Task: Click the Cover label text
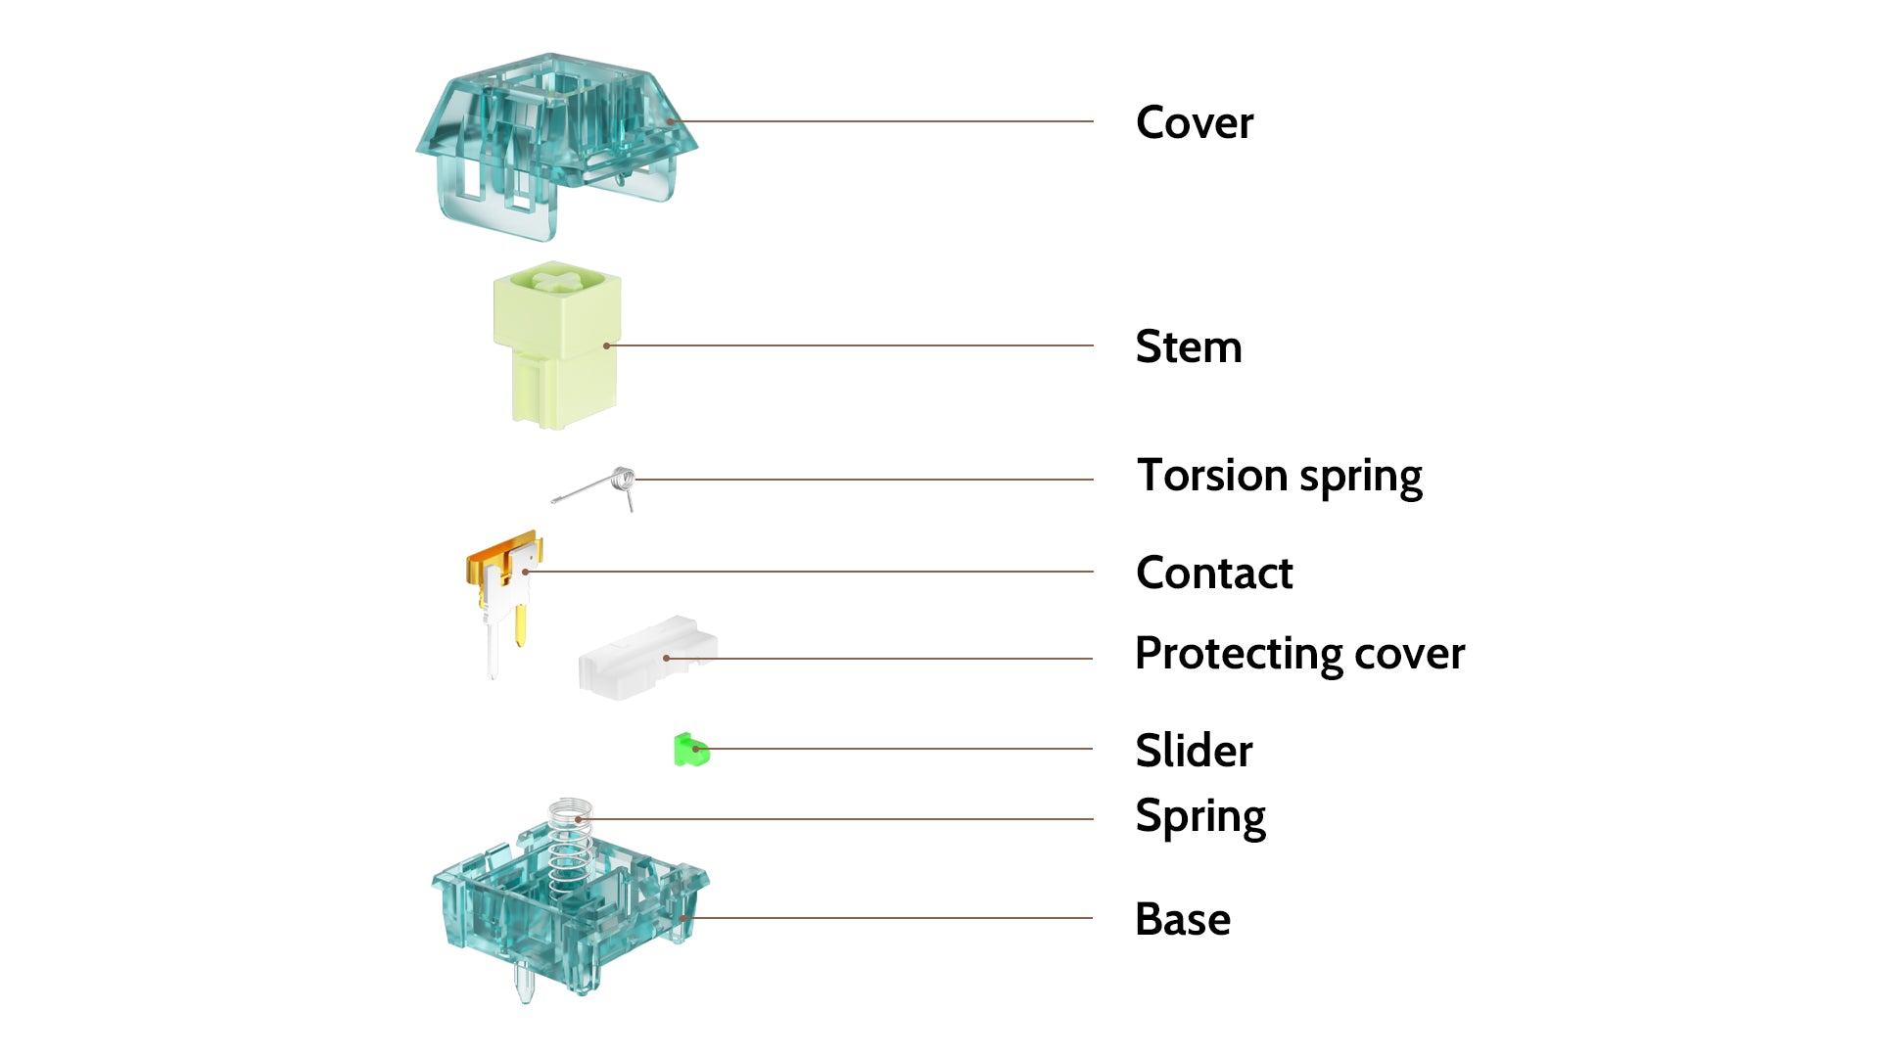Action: (1195, 123)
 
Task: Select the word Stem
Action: (1189, 346)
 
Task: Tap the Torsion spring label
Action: (1280, 477)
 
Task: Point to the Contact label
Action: (1215, 573)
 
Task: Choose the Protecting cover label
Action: (1300, 654)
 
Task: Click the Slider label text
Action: (1195, 751)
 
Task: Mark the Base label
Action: (1183, 920)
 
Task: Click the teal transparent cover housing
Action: (556, 147)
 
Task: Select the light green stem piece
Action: (557, 345)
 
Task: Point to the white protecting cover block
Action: (647, 658)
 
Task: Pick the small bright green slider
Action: (691, 751)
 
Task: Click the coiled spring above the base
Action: (570, 848)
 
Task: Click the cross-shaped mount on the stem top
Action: (557, 282)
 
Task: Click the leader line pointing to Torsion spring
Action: (864, 480)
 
